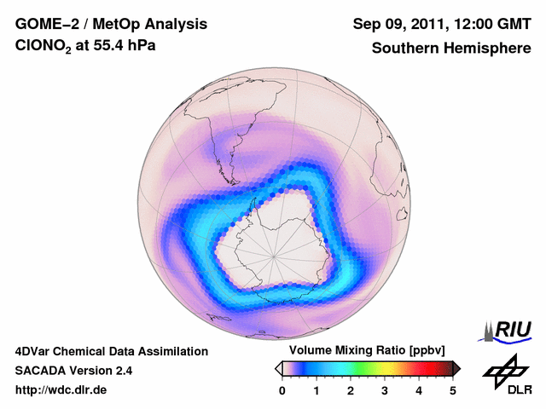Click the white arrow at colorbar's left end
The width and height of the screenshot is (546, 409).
(x=278, y=368)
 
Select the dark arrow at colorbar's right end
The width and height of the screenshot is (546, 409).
(x=456, y=368)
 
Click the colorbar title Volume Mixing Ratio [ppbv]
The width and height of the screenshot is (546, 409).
(x=363, y=351)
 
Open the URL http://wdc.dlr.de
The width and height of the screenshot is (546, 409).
(x=61, y=390)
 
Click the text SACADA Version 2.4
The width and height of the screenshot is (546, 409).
(x=73, y=371)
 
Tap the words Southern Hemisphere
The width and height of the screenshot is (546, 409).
(x=450, y=49)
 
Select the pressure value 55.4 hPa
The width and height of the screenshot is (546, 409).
(x=126, y=49)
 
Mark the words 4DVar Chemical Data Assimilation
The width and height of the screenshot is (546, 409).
(x=111, y=351)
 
